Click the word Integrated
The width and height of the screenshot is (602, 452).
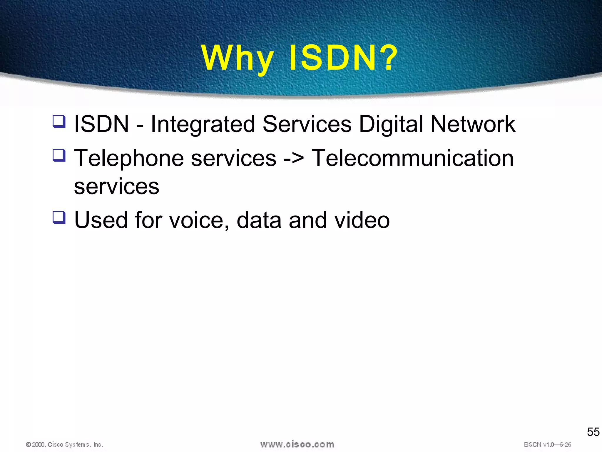(x=203, y=124)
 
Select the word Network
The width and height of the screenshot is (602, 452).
(x=473, y=124)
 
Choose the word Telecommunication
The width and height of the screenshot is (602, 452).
(x=412, y=158)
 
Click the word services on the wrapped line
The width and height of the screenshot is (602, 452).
(x=116, y=187)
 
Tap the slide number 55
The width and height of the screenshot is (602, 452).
(x=593, y=432)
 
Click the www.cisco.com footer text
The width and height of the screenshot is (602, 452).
(x=297, y=444)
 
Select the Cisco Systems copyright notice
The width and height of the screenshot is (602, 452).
(x=65, y=444)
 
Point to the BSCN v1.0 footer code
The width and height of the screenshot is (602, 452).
(x=547, y=444)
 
